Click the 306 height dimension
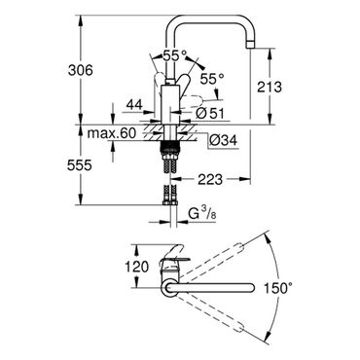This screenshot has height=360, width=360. [80, 70]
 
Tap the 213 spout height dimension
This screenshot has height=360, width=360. [270, 87]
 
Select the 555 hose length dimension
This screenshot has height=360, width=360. [80, 165]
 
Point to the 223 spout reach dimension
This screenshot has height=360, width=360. [210, 179]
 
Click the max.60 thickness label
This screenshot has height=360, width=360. [112, 133]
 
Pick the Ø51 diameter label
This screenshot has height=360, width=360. [210, 113]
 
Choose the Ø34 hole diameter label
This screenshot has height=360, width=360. [223, 140]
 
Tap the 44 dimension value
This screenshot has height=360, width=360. [134, 105]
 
